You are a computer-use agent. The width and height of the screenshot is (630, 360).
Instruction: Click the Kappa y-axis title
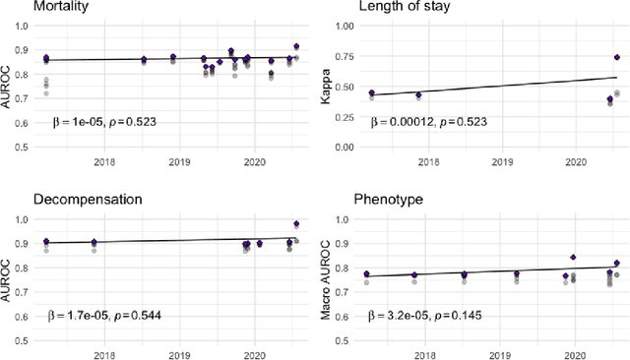click(329, 87)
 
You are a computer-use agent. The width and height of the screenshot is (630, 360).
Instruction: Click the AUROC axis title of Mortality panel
click(8, 87)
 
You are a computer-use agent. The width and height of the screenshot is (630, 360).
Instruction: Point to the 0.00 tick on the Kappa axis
click(346, 147)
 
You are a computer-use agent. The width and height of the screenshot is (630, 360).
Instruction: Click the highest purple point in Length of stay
click(617, 57)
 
